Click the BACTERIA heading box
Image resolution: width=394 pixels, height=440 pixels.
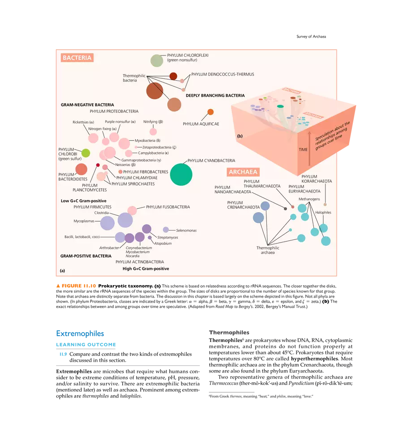click(x=77, y=58)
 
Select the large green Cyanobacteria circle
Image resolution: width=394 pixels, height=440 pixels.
click(x=181, y=174)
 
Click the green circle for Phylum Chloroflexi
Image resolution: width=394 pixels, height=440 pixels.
click(x=156, y=60)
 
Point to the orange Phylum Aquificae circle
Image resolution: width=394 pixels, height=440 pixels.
click(x=210, y=112)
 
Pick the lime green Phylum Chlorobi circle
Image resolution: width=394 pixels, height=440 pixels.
click(x=86, y=153)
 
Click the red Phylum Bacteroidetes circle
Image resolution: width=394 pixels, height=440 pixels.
click(x=81, y=169)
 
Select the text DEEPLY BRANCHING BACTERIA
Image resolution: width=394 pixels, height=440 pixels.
click(x=215, y=95)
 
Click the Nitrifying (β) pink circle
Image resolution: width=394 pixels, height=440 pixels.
click(x=153, y=132)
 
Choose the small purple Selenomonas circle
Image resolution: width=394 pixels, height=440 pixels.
click(x=166, y=230)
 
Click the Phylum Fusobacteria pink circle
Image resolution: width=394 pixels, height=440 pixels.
click(x=132, y=210)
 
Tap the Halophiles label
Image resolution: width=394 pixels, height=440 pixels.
click(x=323, y=213)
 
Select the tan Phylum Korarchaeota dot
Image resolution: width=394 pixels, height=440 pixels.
click(x=325, y=205)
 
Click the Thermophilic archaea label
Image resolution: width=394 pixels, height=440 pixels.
click(x=268, y=250)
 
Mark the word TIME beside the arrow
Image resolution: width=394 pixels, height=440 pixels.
click(x=303, y=150)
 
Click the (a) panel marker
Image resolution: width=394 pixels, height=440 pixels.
click(x=62, y=270)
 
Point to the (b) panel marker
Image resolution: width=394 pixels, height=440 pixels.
click(x=240, y=135)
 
